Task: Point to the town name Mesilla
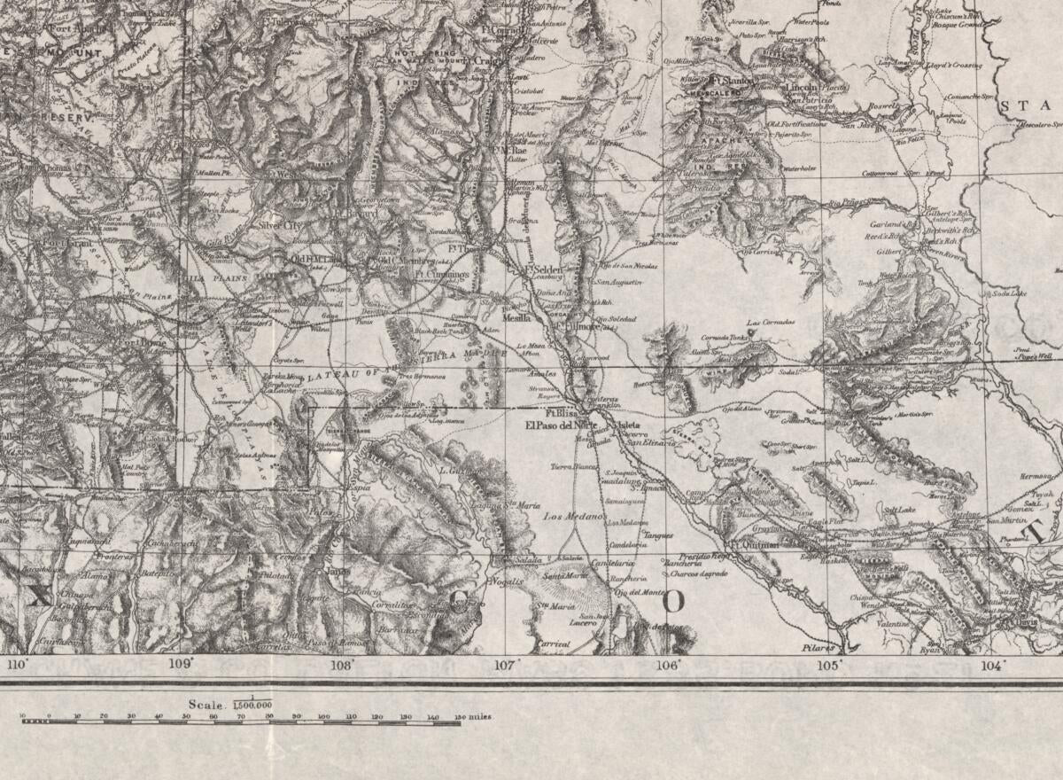click(x=516, y=316)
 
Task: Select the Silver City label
click(x=281, y=226)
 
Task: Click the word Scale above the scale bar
click(x=205, y=704)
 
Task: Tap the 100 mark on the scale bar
click(x=323, y=716)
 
